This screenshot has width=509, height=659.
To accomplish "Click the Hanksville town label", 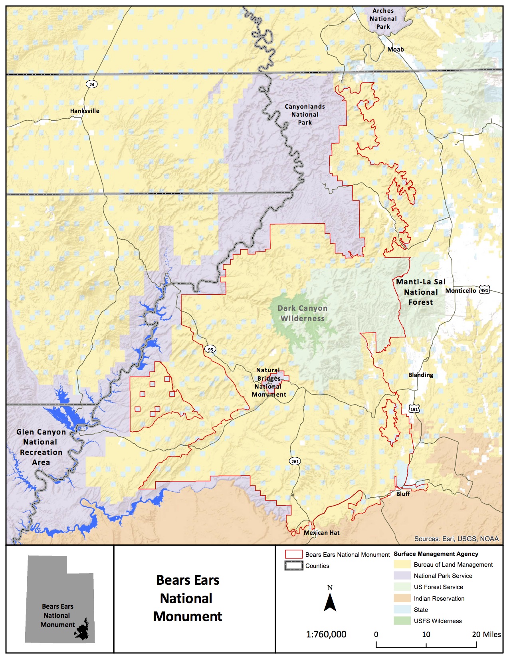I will click(x=85, y=111).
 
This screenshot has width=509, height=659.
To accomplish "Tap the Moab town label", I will click(x=396, y=50).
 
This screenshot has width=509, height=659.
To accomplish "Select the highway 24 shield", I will click(x=92, y=84).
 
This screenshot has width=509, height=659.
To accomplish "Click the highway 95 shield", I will click(x=210, y=349).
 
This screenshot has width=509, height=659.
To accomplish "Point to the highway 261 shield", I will click(x=295, y=461).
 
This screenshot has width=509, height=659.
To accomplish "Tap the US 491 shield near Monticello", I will click(x=485, y=290).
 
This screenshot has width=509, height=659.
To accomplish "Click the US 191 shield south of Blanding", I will click(x=414, y=409).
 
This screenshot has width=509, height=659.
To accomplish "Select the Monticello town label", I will click(x=461, y=290).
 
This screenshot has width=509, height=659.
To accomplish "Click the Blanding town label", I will click(x=420, y=375).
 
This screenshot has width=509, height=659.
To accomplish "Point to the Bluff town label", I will click(x=403, y=494).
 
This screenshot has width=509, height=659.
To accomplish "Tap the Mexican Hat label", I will click(x=322, y=533).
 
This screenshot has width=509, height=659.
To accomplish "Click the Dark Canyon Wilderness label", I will click(x=303, y=314).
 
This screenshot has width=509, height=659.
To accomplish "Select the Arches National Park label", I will click(x=383, y=19).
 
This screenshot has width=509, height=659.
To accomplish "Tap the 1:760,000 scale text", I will click(x=326, y=634).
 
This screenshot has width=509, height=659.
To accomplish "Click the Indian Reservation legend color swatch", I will click(x=402, y=598).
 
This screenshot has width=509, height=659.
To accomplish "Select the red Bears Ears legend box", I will click(x=293, y=554).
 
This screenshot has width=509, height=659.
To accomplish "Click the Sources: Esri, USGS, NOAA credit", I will click(x=456, y=539).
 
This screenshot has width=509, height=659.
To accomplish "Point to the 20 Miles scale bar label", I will click(x=486, y=634).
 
